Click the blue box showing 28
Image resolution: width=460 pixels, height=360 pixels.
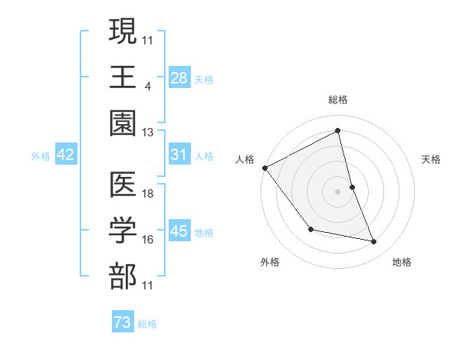click(x=179, y=78)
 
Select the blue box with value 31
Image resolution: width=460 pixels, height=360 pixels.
click(x=179, y=155)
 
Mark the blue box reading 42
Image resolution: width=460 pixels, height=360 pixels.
click(x=66, y=155)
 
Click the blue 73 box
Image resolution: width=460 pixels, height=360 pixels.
click(x=123, y=323)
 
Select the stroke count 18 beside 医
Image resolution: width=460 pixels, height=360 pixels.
click(x=149, y=194)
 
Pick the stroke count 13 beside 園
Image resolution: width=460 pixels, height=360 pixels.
click(x=148, y=132)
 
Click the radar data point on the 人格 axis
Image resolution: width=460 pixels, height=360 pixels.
click(x=264, y=168)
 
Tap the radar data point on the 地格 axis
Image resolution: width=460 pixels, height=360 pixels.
click(x=374, y=242)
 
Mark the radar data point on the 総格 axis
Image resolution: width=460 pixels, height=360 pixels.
click(x=338, y=131)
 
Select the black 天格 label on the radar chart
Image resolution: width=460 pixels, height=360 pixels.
click(x=432, y=159)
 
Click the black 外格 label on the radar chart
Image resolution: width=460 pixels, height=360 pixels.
click(x=270, y=262)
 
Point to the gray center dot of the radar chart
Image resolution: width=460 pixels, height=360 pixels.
click(x=338, y=191)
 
